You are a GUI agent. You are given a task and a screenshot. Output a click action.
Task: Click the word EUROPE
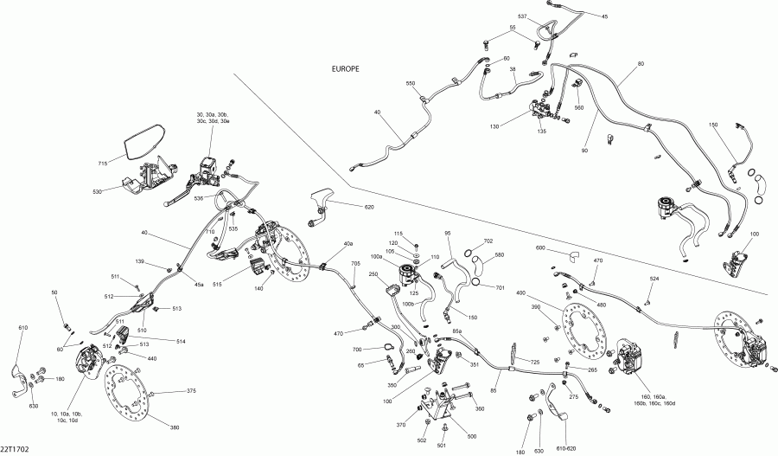click(345, 69)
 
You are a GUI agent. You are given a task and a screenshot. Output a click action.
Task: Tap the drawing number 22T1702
click(15, 449)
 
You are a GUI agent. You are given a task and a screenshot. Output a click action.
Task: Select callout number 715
click(103, 163)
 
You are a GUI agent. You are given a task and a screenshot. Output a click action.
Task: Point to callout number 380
click(175, 427)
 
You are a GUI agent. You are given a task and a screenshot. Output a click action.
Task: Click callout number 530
click(97, 191)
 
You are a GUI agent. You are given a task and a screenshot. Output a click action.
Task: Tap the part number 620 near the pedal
click(369, 207)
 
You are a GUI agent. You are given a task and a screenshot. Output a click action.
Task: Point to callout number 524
click(654, 279)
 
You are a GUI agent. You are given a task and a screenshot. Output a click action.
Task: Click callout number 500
click(472, 437)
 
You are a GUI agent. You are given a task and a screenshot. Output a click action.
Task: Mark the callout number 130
click(494, 126)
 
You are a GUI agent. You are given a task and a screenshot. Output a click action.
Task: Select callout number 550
click(411, 83)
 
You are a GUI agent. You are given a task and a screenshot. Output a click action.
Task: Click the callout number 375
click(192, 390)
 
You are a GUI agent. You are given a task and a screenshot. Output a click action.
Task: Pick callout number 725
click(534, 362)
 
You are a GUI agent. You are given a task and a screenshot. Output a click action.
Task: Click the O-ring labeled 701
click(475, 283)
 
